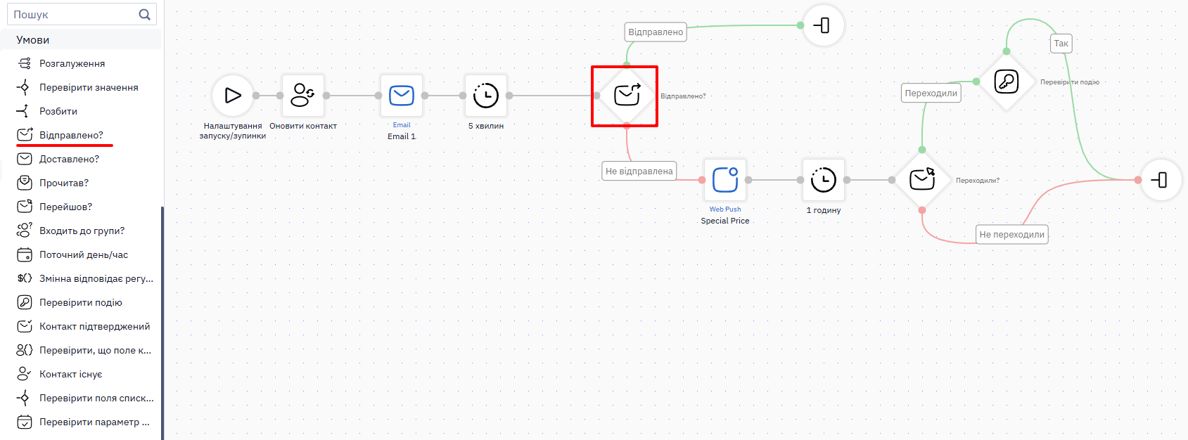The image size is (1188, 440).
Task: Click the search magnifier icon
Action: click(x=144, y=14)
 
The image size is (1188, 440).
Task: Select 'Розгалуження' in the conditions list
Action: click(x=72, y=64)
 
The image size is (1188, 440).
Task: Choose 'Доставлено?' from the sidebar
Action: click(x=69, y=159)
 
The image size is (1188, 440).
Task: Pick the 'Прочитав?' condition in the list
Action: click(x=63, y=183)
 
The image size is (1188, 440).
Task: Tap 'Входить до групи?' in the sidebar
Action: click(x=82, y=231)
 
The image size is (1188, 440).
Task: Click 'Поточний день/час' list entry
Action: click(x=83, y=254)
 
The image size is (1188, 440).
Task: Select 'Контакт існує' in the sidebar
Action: click(x=70, y=374)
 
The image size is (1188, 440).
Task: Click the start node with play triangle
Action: click(x=233, y=96)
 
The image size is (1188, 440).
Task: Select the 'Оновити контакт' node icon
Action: click(x=303, y=96)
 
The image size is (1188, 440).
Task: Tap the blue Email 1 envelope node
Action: click(x=402, y=96)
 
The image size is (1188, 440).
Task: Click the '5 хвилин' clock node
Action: click(x=486, y=96)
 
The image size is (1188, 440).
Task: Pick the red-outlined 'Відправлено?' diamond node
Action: click(x=626, y=96)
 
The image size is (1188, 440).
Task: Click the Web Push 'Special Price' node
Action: click(x=725, y=180)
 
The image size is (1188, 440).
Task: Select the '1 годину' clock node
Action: click(x=823, y=180)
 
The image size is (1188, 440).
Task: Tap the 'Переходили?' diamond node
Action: click(x=922, y=180)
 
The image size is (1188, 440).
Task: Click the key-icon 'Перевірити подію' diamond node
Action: click(x=1006, y=82)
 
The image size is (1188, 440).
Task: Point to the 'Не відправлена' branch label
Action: click(x=639, y=172)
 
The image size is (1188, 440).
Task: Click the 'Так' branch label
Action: click(x=1061, y=44)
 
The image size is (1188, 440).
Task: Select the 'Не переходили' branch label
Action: click(x=1012, y=234)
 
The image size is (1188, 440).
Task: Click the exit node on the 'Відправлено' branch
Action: click(x=823, y=25)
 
